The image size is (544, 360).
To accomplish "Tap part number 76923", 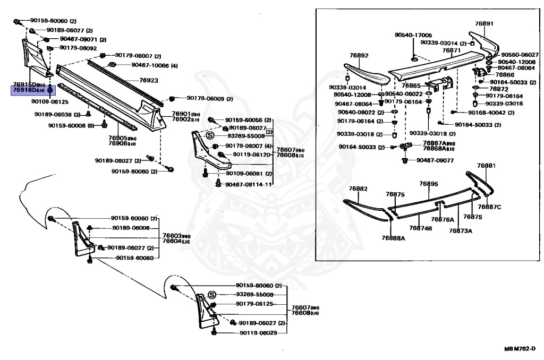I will (149, 80).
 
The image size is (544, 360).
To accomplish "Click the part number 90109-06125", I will (50, 101).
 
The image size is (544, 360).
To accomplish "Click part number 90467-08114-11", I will (249, 184).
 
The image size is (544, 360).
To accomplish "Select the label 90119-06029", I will (258, 333).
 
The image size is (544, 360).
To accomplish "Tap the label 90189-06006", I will (131, 228).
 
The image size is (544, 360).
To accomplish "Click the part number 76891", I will (484, 23).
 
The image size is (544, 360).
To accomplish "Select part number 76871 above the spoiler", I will (452, 50).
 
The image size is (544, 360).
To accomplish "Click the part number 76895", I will (428, 184).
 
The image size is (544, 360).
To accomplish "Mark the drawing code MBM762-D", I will (520, 349).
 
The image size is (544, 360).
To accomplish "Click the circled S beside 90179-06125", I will (211, 295).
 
